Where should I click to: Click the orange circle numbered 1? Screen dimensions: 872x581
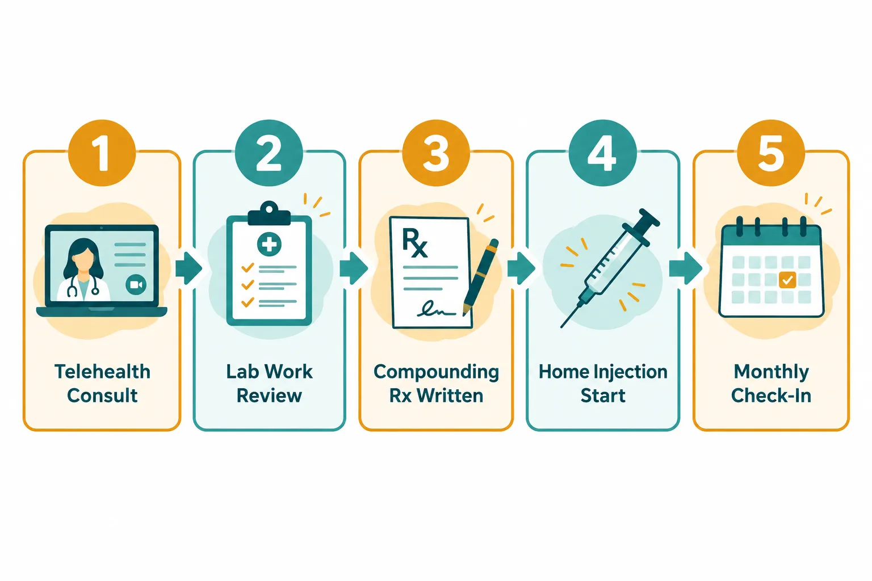click(x=102, y=153)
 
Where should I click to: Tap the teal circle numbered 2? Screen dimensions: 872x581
click(x=269, y=153)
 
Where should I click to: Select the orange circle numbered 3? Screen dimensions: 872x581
click(x=436, y=153)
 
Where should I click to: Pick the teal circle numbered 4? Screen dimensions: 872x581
click(x=602, y=153)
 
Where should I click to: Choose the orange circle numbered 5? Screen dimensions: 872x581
click(x=771, y=153)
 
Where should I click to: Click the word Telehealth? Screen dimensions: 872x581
click(x=102, y=372)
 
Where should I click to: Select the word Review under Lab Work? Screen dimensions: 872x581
click(x=270, y=396)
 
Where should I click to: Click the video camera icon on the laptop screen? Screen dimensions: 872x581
click(x=136, y=284)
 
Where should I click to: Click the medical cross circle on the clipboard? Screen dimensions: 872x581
click(x=269, y=245)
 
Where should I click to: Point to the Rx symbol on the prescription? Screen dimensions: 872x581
click(x=415, y=243)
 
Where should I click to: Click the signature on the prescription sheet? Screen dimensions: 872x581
click(x=436, y=309)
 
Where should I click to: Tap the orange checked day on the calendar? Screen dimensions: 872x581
click(x=787, y=280)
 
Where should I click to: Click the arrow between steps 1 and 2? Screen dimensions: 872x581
click(x=189, y=268)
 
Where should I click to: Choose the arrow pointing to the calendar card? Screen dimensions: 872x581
click(x=686, y=268)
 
